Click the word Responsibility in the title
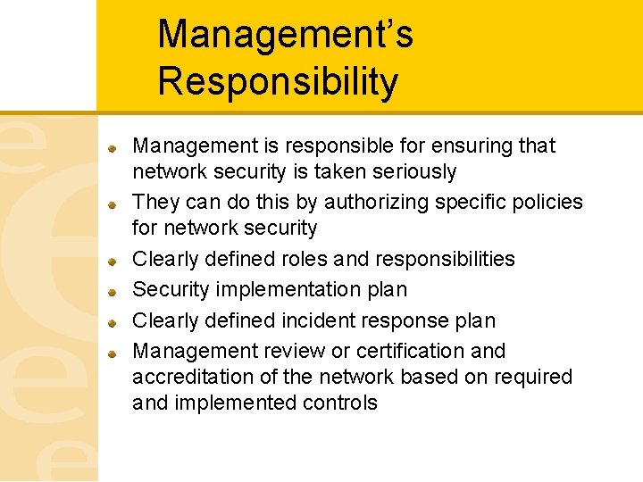[278, 81]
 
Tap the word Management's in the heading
[285, 35]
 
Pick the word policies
[545, 203]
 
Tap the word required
[534, 377]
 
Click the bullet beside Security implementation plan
[113, 291]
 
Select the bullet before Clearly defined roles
[113, 261]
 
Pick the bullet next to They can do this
[113, 204]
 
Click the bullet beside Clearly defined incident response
[113, 322]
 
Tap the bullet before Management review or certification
[113, 353]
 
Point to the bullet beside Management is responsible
[113, 147]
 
